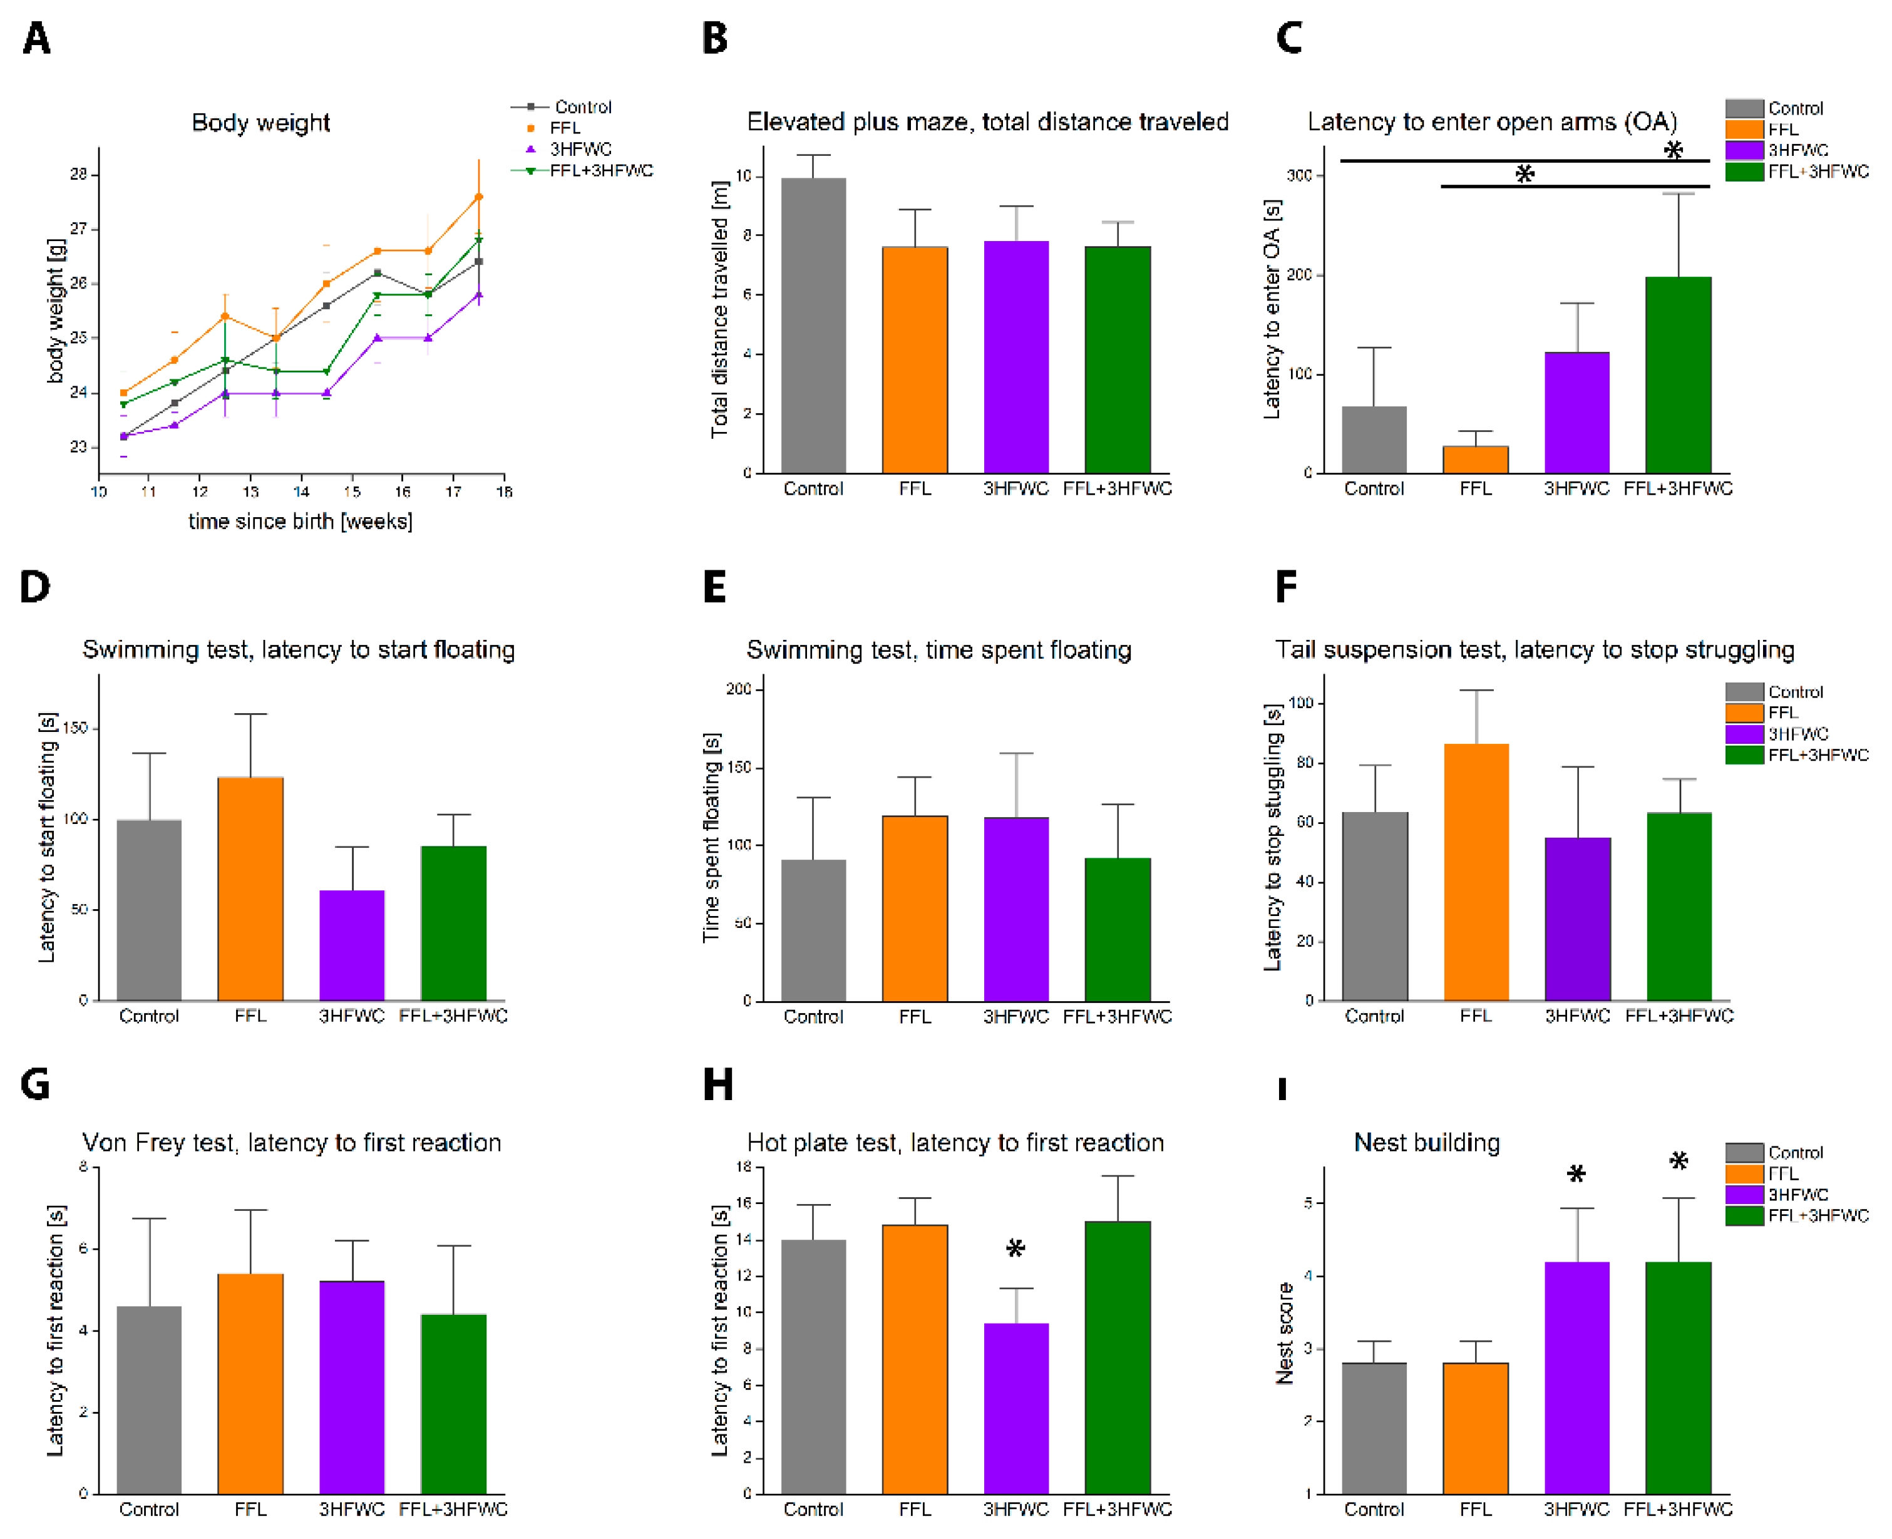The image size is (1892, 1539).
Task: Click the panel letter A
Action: (36, 38)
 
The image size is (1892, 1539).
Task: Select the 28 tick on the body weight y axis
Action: (79, 175)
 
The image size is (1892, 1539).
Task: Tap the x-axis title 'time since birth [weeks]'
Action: (300, 522)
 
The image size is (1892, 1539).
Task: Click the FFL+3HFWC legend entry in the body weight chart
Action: (600, 170)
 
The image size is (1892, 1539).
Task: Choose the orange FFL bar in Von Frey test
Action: (250, 1383)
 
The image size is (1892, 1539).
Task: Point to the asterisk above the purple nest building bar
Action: (1575, 1175)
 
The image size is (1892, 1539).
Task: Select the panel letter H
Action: (717, 1084)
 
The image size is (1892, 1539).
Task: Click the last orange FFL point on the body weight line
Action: (479, 197)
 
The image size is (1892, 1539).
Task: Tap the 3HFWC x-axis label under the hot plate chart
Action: (1015, 1509)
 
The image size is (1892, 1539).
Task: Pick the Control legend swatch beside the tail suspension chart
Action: (1744, 691)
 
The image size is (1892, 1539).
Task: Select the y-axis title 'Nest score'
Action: (1284, 1332)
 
